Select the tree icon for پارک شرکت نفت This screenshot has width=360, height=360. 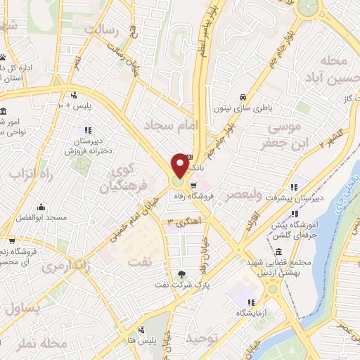183,274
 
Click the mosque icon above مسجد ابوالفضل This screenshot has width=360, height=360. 41,207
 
